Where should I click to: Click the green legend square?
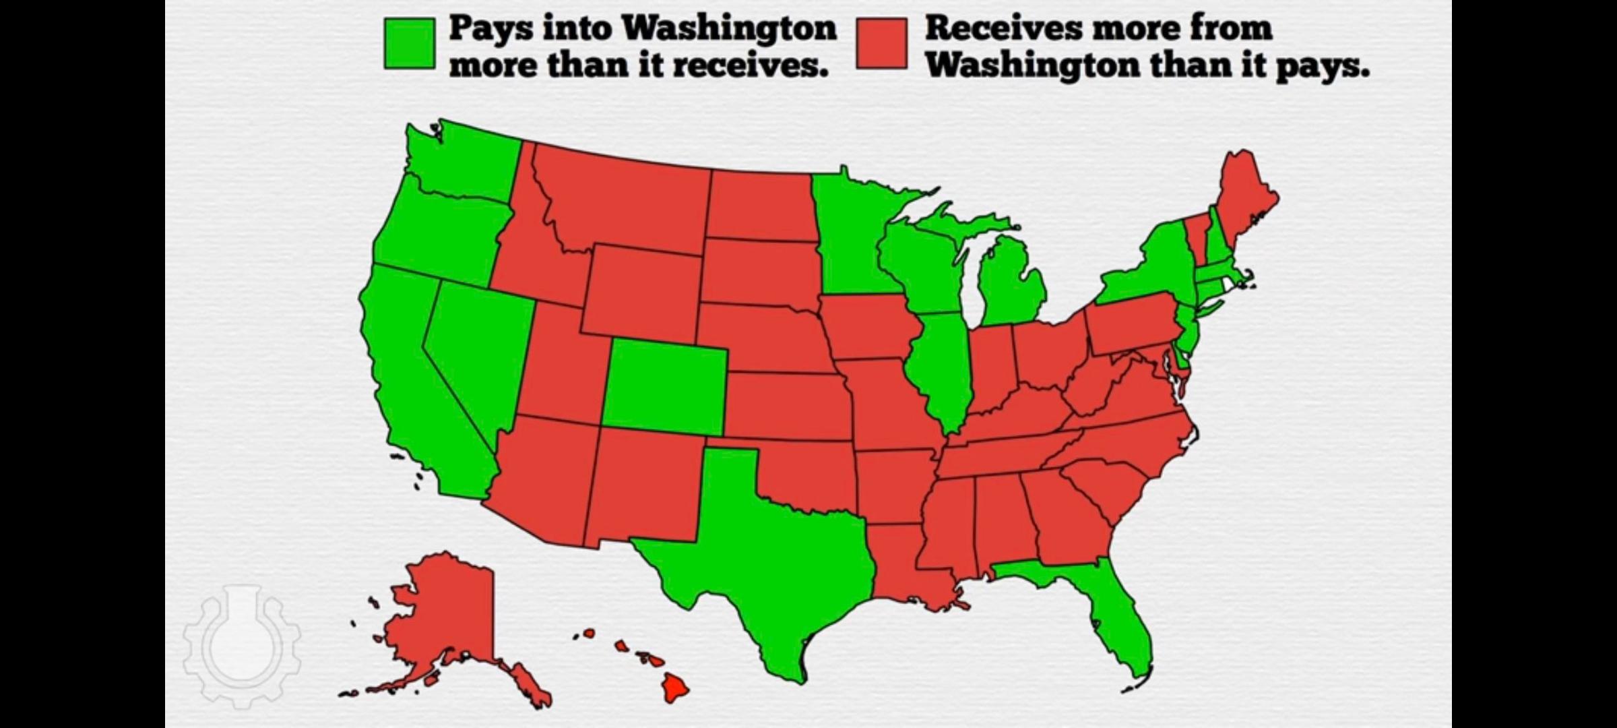(x=410, y=44)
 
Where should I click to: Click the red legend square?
(x=882, y=44)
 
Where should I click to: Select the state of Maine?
(x=1243, y=195)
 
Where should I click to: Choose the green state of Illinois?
(x=940, y=364)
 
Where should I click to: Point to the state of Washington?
(x=465, y=162)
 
